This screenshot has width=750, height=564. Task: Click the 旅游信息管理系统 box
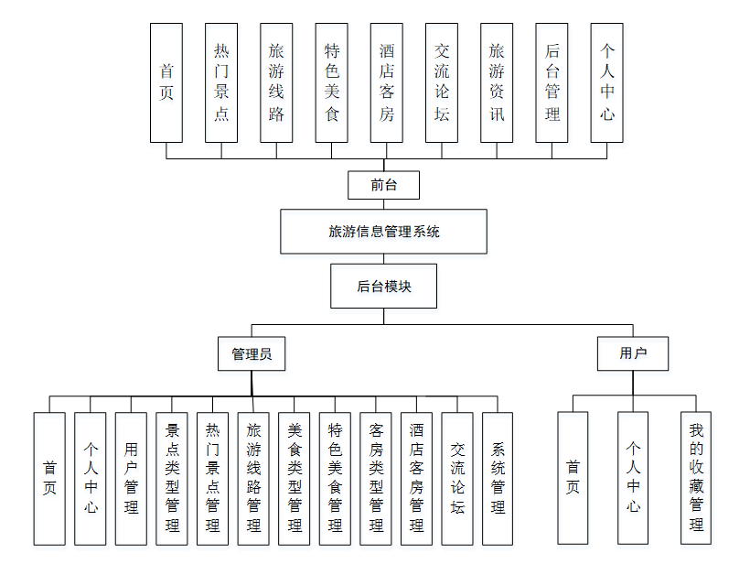383,232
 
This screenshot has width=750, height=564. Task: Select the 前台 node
383,185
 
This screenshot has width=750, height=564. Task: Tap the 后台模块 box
383,287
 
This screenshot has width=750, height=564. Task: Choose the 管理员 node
252,353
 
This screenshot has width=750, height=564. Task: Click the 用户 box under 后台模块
632,353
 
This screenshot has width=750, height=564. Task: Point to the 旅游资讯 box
497,82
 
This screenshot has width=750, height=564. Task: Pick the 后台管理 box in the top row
552,82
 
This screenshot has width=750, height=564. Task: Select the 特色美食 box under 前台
331,82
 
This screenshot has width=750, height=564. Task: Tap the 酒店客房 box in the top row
386,82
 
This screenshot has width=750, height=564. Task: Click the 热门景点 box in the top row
221,82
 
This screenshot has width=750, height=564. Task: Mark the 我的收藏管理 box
696,478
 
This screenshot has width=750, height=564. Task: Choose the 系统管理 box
498,478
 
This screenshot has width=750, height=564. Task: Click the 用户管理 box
131,478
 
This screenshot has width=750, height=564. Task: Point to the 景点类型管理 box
172,478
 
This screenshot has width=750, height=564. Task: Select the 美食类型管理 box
294,478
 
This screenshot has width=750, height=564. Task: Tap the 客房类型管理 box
375,478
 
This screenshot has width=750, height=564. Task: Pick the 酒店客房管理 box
416,478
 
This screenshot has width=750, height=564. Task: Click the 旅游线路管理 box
253,478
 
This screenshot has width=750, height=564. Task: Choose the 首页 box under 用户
573,478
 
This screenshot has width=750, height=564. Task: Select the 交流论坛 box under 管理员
457,478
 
